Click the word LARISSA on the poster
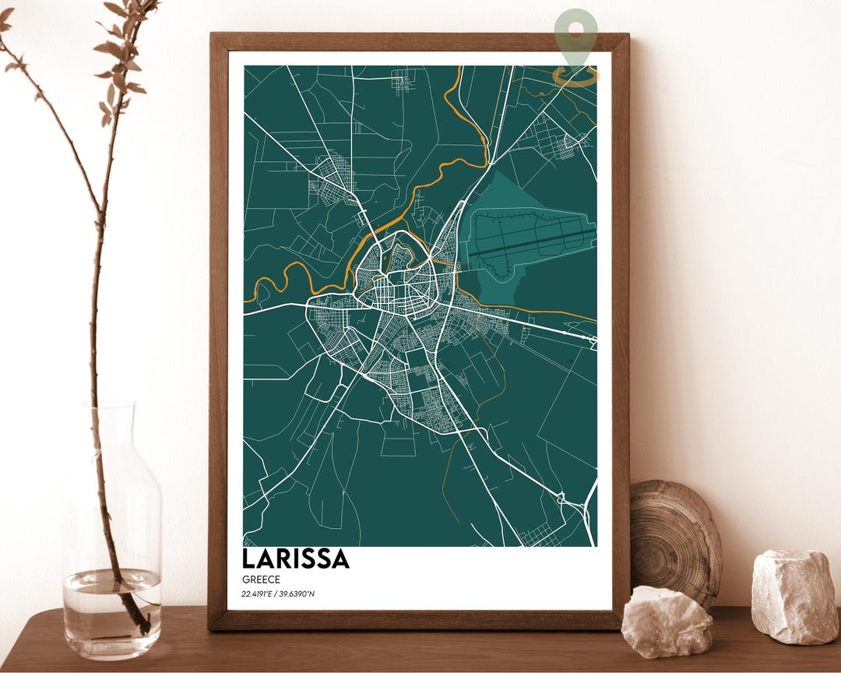(x=295, y=559)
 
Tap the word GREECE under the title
(x=261, y=580)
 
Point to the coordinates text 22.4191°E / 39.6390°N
(x=278, y=595)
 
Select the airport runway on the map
(x=537, y=237)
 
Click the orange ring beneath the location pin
(x=576, y=76)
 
